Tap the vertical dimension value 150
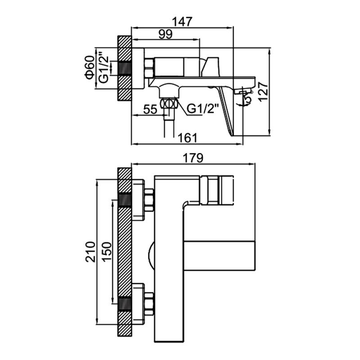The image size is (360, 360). point(105,252)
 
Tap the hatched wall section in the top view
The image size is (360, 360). point(124,67)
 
